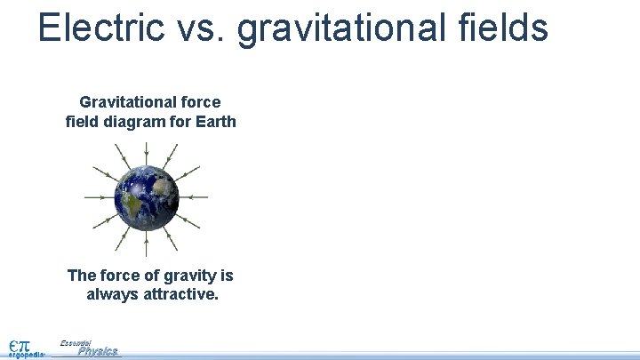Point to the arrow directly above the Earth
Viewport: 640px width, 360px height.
[147, 153]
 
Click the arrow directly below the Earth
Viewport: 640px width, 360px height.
[147, 243]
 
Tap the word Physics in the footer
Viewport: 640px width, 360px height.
[98, 351]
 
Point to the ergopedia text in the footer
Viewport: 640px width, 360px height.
[27, 355]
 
